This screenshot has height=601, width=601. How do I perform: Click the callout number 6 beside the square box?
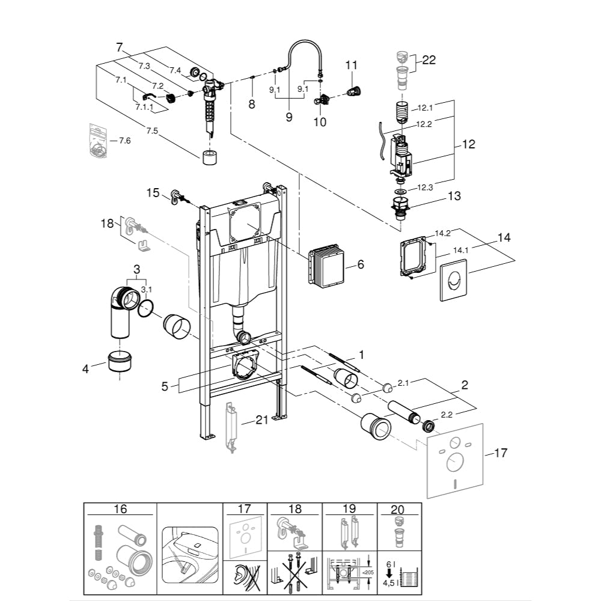(x=361, y=264)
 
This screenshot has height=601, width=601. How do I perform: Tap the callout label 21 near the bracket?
(x=261, y=420)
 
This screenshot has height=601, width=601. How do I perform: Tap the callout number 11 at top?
(x=351, y=64)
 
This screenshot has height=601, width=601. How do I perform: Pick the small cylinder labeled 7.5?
(x=210, y=159)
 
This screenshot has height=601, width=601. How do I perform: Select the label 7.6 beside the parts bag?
(x=124, y=141)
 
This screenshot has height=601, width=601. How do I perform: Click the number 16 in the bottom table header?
(x=120, y=509)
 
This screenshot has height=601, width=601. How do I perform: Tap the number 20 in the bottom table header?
(x=398, y=509)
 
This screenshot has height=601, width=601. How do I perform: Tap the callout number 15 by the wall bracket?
(x=153, y=192)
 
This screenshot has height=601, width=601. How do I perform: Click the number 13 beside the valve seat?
(x=454, y=196)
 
